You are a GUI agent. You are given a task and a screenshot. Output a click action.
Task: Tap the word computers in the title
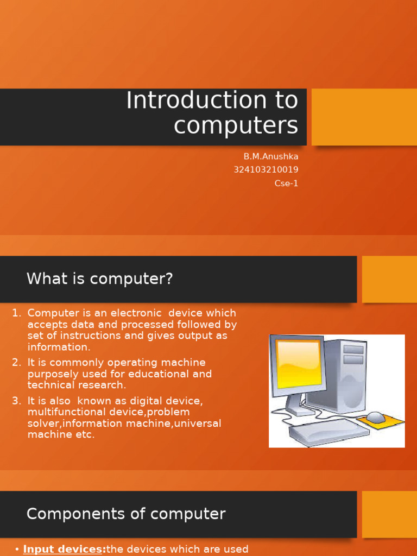click(x=236, y=125)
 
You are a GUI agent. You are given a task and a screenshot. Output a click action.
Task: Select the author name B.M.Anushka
click(x=271, y=156)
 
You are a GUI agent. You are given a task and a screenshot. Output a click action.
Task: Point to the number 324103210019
click(x=266, y=169)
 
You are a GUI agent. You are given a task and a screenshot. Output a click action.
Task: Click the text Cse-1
click(x=287, y=183)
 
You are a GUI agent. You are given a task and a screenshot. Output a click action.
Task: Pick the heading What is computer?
click(x=99, y=279)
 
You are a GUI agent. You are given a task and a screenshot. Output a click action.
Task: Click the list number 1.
click(x=16, y=313)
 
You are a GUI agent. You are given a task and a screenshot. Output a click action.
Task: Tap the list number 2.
click(x=16, y=363)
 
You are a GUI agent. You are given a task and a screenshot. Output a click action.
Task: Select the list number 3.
click(x=16, y=401)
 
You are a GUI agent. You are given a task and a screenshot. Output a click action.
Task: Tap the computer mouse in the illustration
click(x=375, y=417)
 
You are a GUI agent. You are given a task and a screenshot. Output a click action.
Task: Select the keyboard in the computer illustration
click(x=328, y=432)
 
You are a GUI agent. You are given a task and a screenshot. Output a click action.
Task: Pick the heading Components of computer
click(x=126, y=514)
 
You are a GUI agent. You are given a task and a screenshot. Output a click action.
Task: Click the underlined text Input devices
click(x=64, y=549)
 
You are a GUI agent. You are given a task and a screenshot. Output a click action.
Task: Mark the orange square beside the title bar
click(x=364, y=117)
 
